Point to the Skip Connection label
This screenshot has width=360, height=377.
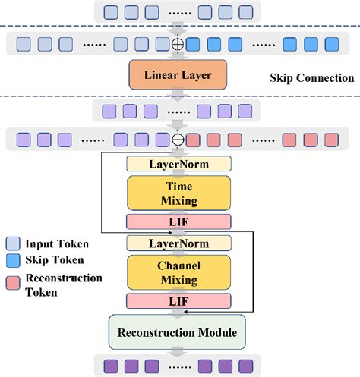tap(311, 77)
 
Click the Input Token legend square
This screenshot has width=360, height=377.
tap(13, 243)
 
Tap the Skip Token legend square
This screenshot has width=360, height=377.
tap(13, 260)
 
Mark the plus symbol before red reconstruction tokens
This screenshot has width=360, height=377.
tap(178, 140)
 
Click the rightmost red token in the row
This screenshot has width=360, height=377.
tap(331, 140)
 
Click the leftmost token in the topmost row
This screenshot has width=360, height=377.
tap(111, 11)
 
